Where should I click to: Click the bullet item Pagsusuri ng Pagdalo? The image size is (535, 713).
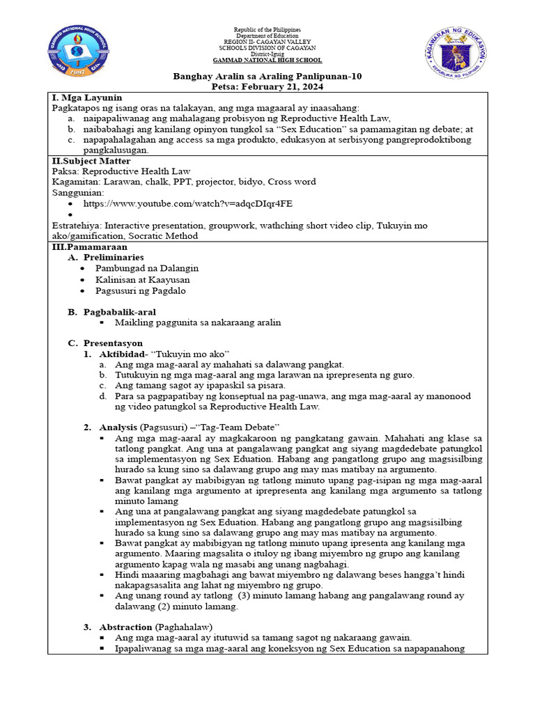pos(141,290)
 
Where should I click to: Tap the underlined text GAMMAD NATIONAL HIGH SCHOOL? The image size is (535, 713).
pos(267,61)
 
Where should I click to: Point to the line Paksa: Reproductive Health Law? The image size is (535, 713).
pos(121,171)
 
